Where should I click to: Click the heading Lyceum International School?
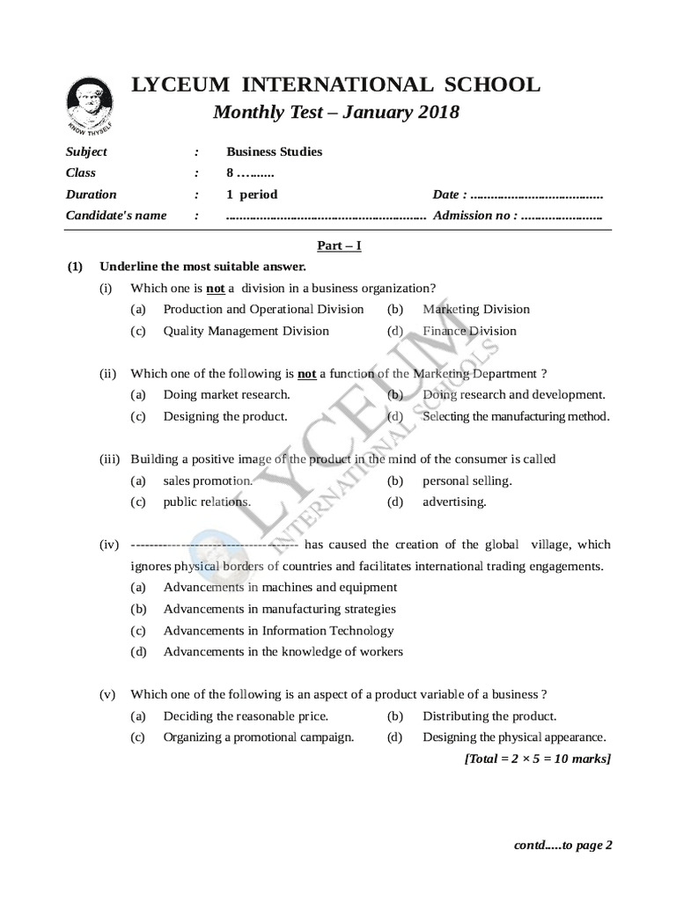pyautogui.click(x=335, y=85)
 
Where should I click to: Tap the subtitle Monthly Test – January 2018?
pyautogui.click(x=336, y=113)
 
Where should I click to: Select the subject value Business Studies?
pyautogui.click(x=274, y=151)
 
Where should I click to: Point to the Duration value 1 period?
pyautogui.click(x=252, y=194)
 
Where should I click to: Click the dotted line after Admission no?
pyautogui.click(x=562, y=216)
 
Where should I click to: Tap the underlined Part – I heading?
pyautogui.click(x=337, y=246)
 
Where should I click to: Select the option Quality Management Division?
pyautogui.click(x=246, y=331)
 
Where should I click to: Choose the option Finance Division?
pyautogui.click(x=469, y=331)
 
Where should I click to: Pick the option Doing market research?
pyautogui.click(x=226, y=395)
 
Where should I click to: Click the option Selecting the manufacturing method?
pyautogui.click(x=516, y=416)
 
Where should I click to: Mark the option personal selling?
pyautogui.click(x=467, y=480)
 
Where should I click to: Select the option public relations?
pyautogui.click(x=207, y=502)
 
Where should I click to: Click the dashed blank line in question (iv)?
pyautogui.click(x=214, y=545)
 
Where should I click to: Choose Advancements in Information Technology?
pyautogui.click(x=278, y=630)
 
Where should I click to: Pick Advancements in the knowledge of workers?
pyautogui.click(x=283, y=652)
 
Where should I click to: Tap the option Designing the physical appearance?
pyautogui.click(x=514, y=737)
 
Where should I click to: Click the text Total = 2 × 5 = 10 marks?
pyautogui.click(x=537, y=758)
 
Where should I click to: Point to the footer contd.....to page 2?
pyautogui.click(x=562, y=845)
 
